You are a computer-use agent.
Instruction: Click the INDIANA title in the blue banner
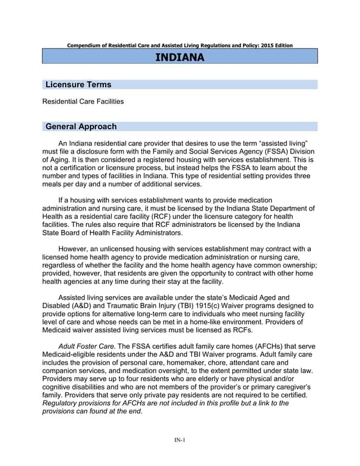click(x=180, y=57)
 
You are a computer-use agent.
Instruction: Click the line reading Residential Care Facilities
click(x=83, y=101)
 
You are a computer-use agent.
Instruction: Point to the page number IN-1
click(x=180, y=440)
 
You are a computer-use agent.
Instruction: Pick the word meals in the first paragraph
click(x=53, y=184)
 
